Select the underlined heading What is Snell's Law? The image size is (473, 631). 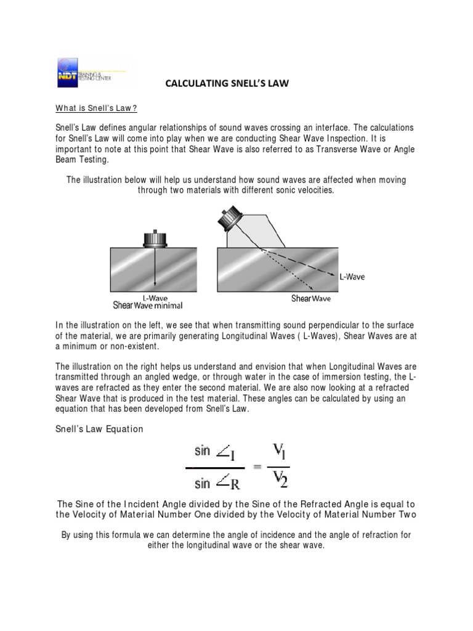tap(96, 108)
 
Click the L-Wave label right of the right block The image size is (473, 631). tap(352, 277)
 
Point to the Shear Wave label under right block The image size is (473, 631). tap(311, 299)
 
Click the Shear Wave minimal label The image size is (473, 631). tap(148, 305)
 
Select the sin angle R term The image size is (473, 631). tap(214, 486)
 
